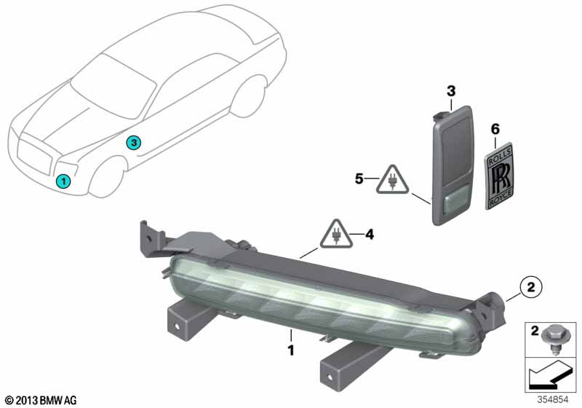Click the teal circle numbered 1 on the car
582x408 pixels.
[63, 181]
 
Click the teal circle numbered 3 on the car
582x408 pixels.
[133, 142]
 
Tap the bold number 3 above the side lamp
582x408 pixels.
[451, 91]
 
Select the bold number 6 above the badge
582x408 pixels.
[495, 129]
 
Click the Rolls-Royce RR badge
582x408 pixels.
[499, 176]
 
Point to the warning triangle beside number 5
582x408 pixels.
[392, 180]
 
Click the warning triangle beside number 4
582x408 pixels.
[337, 233]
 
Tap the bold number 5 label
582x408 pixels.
[359, 178]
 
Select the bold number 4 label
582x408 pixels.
[370, 235]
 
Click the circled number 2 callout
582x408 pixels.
[531, 287]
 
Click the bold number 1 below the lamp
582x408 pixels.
[291, 350]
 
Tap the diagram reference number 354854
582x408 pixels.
[553, 400]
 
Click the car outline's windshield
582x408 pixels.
[114, 86]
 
